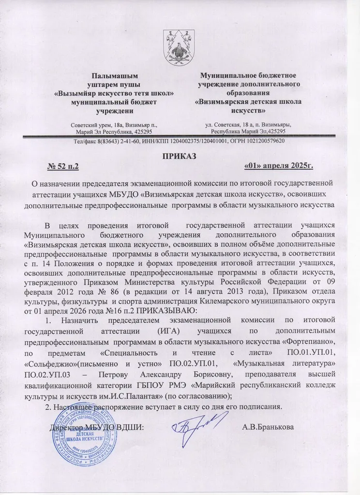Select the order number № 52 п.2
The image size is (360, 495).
point(63,167)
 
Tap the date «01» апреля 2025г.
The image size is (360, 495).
point(279,167)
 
